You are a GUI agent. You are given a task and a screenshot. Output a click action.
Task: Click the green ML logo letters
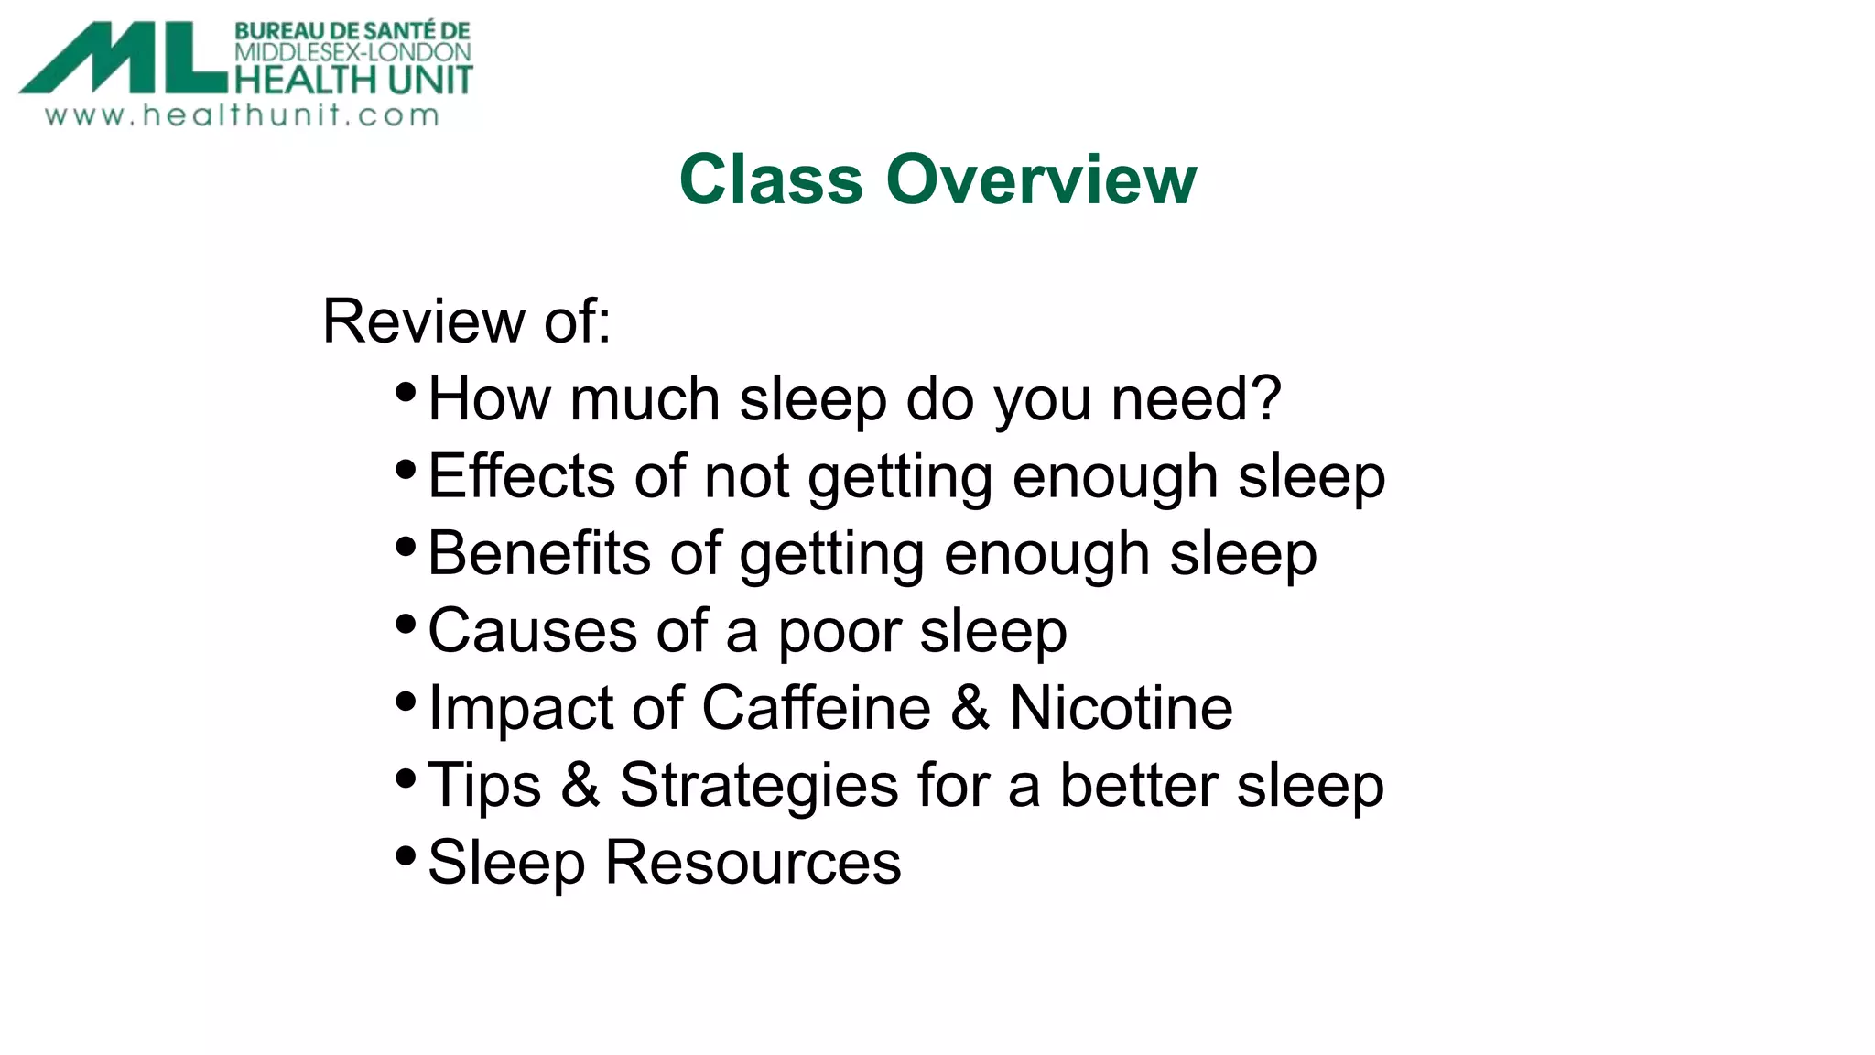(124, 59)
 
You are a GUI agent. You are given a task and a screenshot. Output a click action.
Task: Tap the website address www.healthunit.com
(243, 115)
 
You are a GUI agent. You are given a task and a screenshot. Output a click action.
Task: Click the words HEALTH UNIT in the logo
(353, 80)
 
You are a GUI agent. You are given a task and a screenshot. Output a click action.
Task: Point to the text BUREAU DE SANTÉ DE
(352, 31)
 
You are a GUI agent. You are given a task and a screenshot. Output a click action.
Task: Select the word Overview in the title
(1041, 179)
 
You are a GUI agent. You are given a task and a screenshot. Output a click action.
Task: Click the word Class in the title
(771, 179)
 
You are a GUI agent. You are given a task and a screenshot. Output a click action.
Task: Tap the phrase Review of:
(466, 321)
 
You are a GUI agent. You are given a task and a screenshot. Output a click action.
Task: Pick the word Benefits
(538, 553)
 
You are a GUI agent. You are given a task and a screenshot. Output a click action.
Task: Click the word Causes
(532, 631)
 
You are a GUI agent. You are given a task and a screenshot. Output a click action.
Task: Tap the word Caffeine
(817, 708)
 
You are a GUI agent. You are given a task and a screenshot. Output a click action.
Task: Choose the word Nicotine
(1121, 708)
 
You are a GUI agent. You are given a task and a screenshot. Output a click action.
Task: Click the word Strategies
(759, 786)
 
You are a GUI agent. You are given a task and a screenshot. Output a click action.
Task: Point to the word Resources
(753, 863)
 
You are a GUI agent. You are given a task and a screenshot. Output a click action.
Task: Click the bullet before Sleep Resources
(406, 857)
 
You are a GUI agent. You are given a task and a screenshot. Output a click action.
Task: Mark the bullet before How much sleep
(406, 393)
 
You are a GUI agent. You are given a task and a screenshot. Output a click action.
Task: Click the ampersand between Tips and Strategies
(580, 786)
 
